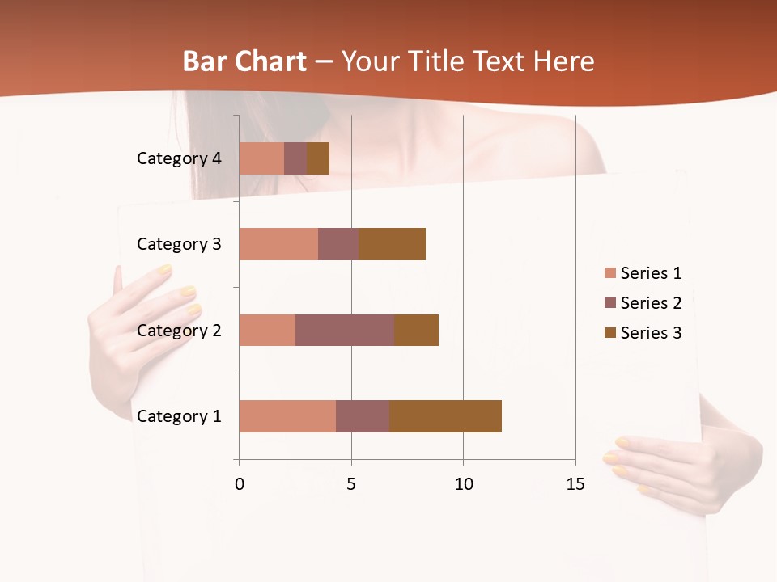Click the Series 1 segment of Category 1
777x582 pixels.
click(287, 416)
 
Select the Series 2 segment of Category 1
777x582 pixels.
click(363, 416)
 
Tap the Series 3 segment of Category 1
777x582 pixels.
click(445, 416)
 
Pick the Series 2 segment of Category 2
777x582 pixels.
click(345, 330)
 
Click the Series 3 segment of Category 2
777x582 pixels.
click(416, 330)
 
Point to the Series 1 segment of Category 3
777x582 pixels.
click(278, 244)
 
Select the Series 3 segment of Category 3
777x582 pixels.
click(392, 244)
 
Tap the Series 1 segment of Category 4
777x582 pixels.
click(261, 158)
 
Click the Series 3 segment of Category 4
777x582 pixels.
click(318, 158)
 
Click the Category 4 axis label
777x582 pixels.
click(179, 158)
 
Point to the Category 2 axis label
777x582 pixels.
click(179, 330)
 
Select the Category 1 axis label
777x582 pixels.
click(179, 416)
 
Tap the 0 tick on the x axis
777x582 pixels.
click(239, 484)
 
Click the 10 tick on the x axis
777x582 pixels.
click(463, 484)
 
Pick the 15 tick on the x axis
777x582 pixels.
click(575, 484)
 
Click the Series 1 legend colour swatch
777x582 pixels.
click(609, 273)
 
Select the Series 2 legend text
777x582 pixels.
click(651, 303)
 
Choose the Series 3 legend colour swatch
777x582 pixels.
click(609, 333)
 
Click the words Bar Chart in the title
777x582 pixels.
click(244, 61)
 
